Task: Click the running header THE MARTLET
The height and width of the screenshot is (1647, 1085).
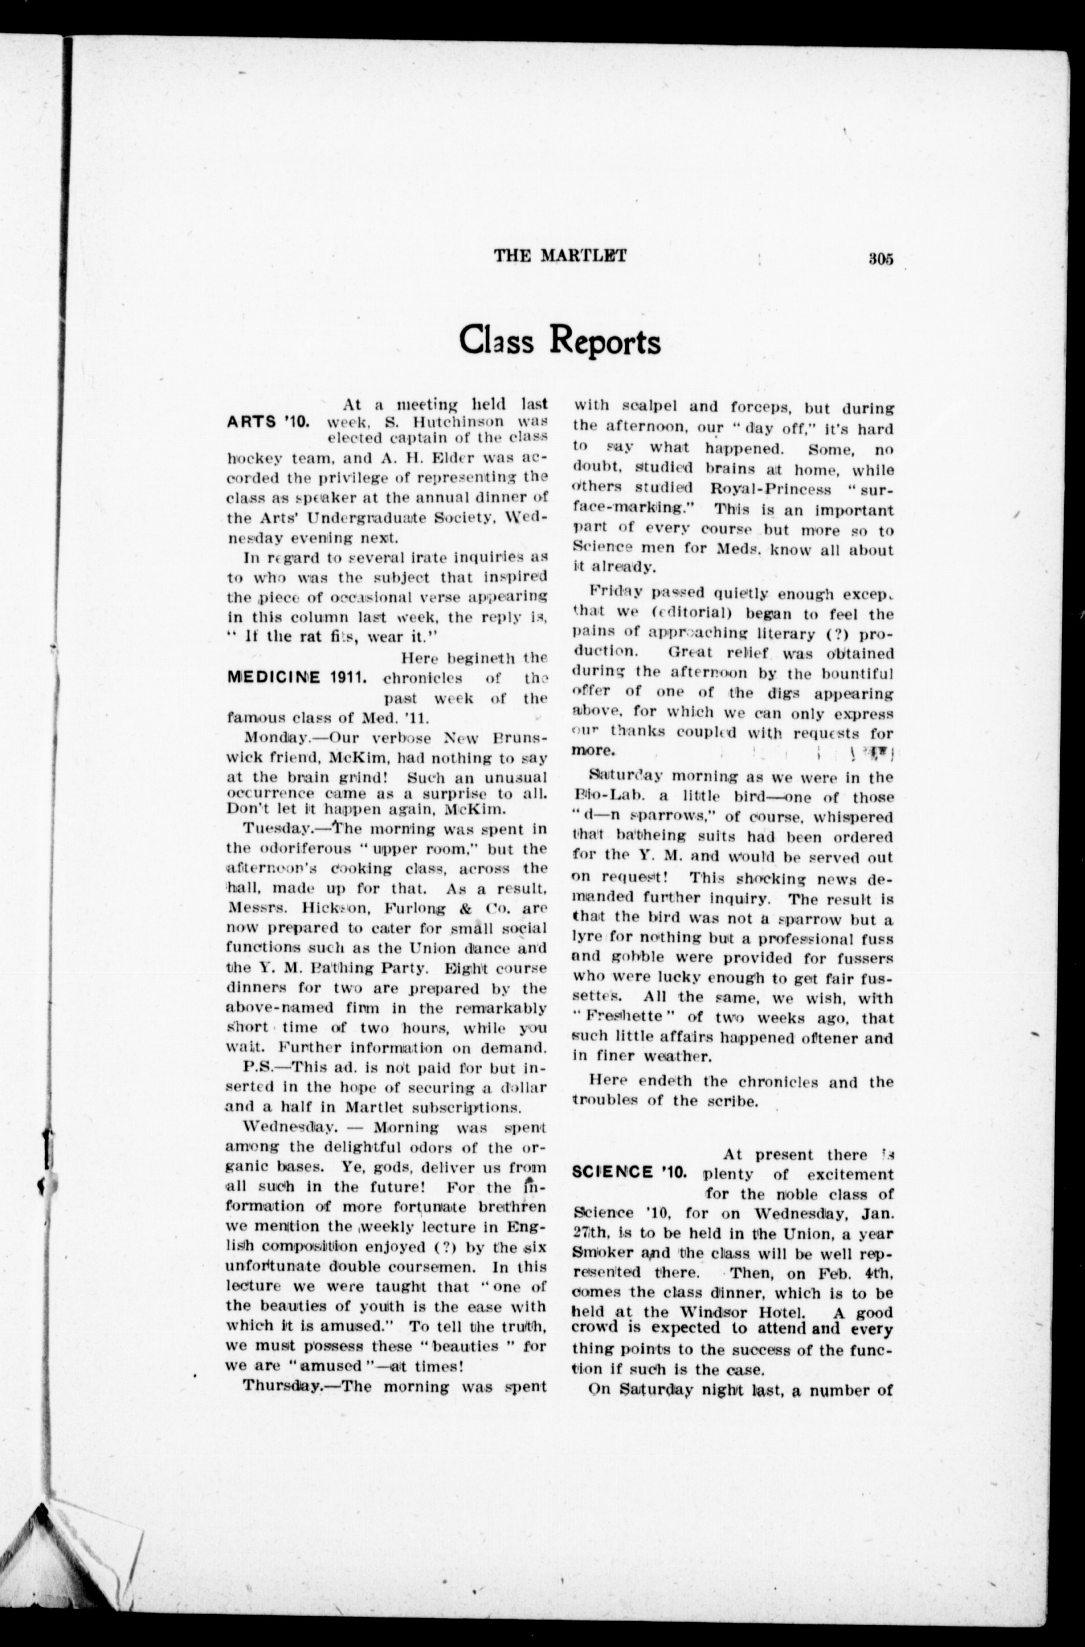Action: point(560,255)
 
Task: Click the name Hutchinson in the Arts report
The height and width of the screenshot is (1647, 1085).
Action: point(444,421)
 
